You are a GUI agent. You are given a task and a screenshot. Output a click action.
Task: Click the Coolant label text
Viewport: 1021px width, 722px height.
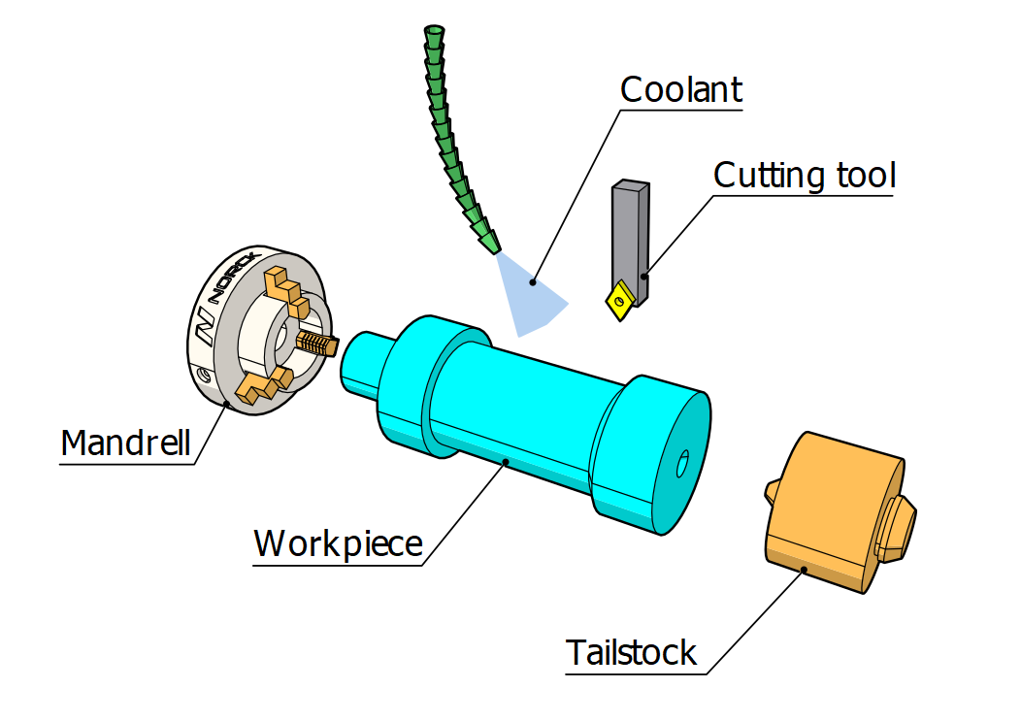pyautogui.click(x=680, y=89)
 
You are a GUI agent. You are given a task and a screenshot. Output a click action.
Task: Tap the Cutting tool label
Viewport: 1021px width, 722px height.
pyautogui.click(x=804, y=176)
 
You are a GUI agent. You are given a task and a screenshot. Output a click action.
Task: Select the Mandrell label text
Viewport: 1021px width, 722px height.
pyautogui.click(x=125, y=443)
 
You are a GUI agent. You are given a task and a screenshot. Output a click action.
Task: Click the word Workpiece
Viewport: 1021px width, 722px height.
pyautogui.click(x=338, y=543)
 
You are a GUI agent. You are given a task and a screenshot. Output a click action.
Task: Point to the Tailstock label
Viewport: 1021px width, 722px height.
pyautogui.click(x=631, y=652)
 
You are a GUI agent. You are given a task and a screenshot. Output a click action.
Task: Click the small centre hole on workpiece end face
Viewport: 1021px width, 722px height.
pyautogui.click(x=681, y=463)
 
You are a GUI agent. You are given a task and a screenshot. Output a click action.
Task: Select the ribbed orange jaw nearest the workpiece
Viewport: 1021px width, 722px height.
pyautogui.click(x=317, y=343)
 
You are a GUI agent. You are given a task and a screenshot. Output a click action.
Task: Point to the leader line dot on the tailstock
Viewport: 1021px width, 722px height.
pyautogui.click(x=802, y=571)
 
